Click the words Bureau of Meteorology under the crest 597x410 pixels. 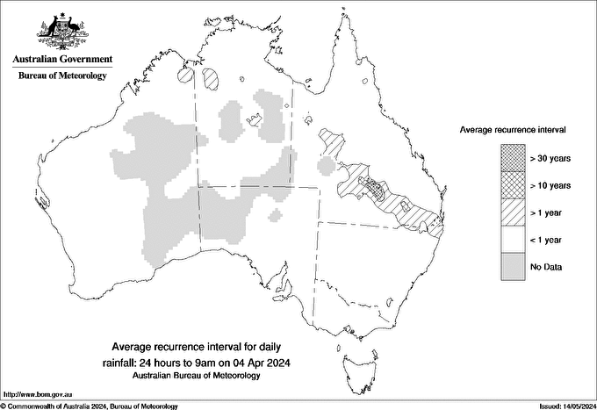(62, 76)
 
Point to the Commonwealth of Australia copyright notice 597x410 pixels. (90, 406)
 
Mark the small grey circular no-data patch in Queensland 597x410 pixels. (326, 166)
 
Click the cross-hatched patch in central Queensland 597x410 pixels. (377, 190)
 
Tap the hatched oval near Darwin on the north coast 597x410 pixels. (212, 79)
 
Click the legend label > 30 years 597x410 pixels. (550, 158)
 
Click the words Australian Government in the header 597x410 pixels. (62, 60)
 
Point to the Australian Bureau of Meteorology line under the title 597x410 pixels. (208, 376)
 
